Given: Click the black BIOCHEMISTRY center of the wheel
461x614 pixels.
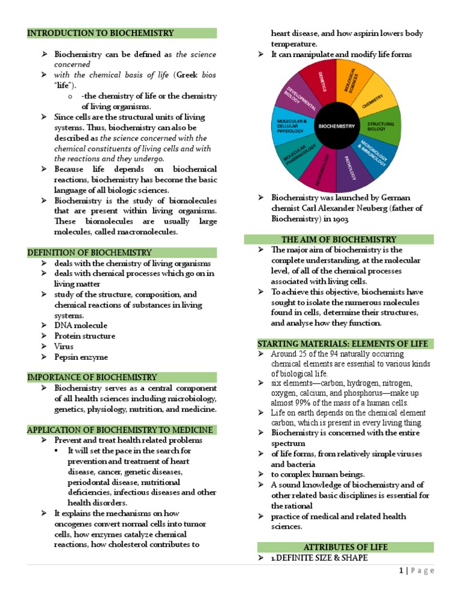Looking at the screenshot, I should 336,127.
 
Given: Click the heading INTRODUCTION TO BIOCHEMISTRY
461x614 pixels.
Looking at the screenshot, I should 100,33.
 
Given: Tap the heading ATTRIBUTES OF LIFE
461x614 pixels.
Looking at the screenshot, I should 345,547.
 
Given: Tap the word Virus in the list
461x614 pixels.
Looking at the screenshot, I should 64,347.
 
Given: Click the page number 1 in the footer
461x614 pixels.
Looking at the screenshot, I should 400,571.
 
